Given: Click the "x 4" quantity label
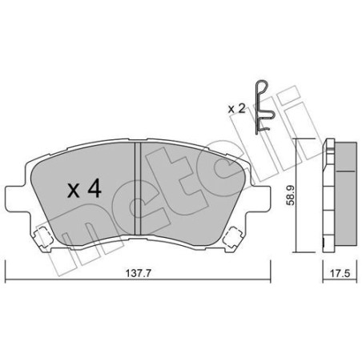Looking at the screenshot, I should click(82, 190).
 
